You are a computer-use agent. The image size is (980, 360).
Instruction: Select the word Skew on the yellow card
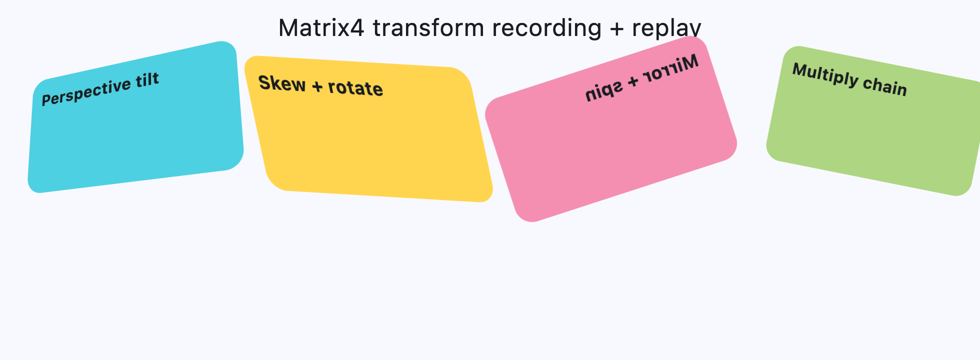[282, 83]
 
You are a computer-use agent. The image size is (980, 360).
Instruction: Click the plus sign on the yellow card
[317, 86]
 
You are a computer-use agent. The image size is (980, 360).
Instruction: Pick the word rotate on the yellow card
[355, 88]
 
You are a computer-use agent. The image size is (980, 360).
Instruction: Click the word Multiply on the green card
[825, 75]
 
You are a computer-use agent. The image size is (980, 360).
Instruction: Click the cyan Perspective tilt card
[135, 135]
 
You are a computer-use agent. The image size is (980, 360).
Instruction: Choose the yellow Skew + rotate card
[370, 145]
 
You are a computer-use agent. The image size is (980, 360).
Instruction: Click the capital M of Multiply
[800, 70]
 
